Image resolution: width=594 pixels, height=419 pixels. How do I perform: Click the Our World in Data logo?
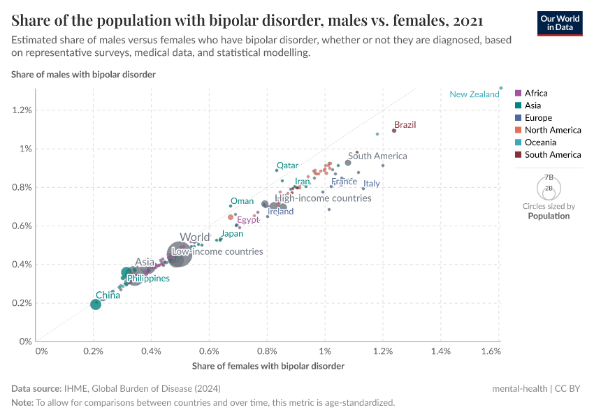[559, 22]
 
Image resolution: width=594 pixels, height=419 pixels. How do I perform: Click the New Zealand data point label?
[474, 94]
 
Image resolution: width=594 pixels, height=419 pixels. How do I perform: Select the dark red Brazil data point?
[394, 131]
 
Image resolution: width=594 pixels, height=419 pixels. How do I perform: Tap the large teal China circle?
[96, 304]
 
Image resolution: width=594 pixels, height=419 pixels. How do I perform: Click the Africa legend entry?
[535, 93]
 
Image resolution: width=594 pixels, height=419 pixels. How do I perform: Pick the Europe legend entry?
[538, 118]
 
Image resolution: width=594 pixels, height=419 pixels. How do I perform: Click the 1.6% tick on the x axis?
[491, 350]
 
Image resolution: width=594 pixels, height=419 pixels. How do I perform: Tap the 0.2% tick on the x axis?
[93, 350]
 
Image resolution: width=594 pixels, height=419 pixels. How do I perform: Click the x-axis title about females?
[268, 366]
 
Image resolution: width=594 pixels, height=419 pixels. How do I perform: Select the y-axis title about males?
[83, 74]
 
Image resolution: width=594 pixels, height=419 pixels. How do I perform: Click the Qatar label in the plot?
[287, 166]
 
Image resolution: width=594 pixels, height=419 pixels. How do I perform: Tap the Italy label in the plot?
[371, 184]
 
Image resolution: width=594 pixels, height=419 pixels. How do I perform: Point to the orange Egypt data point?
[231, 217]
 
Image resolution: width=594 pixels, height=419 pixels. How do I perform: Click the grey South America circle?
[348, 163]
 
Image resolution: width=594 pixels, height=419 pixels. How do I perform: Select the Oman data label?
[242, 201]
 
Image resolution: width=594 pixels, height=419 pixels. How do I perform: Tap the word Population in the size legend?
[549, 216]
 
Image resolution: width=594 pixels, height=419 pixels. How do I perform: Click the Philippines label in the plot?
[148, 278]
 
